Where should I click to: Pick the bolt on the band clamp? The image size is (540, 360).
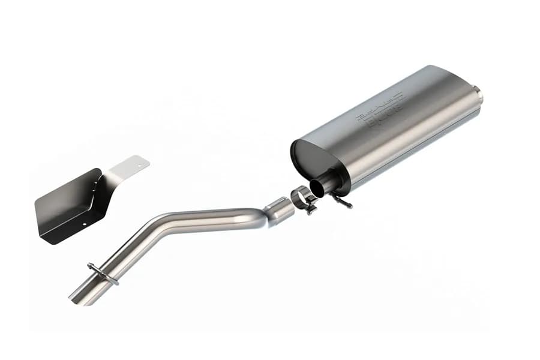tap(310, 209)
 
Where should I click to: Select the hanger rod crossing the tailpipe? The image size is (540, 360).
tap(103, 273)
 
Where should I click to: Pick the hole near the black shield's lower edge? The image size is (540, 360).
tap(85, 227)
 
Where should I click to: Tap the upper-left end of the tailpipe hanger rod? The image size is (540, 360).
tap(90, 265)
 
